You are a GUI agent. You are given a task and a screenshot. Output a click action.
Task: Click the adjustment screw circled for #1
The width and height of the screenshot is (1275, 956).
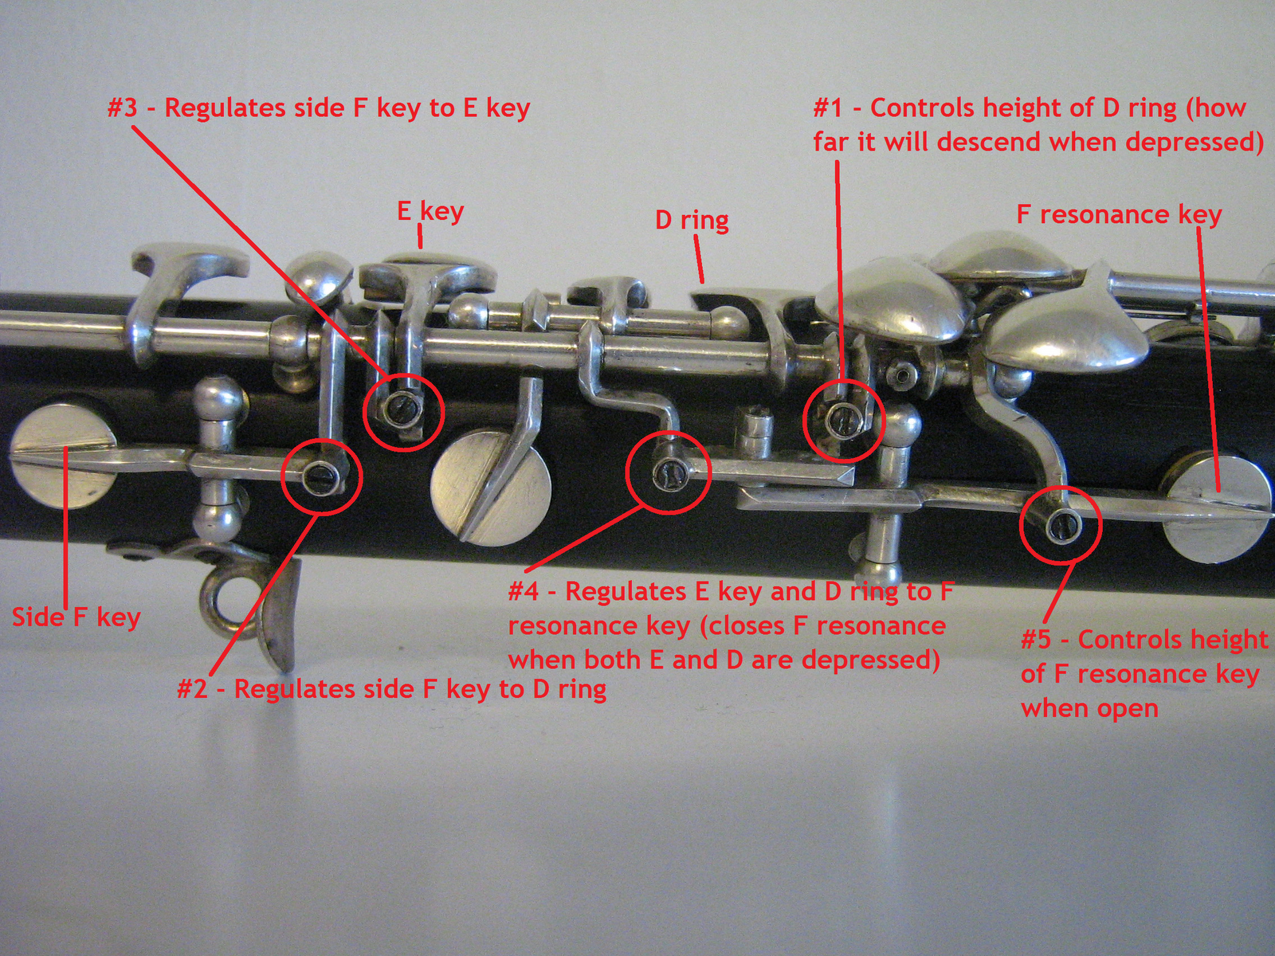click(x=841, y=416)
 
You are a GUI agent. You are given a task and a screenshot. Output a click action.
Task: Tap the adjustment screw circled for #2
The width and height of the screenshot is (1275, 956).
click(x=320, y=476)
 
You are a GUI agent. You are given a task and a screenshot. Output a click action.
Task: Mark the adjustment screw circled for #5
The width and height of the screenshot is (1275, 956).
click(x=1063, y=526)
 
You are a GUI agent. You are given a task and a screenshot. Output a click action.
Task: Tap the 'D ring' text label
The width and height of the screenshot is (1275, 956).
click(x=692, y=221)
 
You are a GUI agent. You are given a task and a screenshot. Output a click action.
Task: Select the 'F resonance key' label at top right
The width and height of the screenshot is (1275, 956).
click(x=1120, y=215)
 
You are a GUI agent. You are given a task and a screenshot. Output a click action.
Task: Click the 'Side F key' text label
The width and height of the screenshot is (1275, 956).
click(x=76, y=617)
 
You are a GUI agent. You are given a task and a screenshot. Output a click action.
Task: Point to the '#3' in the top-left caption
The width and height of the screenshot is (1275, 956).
click(x=123, y=108)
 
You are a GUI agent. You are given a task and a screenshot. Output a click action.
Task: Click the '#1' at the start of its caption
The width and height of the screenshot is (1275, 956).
click(x=828, y=108)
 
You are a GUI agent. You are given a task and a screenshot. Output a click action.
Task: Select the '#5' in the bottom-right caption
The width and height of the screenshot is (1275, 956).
click(x=1036, y=640)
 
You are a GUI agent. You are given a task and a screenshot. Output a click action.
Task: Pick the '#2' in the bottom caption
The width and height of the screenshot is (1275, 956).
click(x=192, y=689)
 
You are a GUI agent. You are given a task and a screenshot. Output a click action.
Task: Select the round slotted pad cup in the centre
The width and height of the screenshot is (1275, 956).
click(x=491, y=495)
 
